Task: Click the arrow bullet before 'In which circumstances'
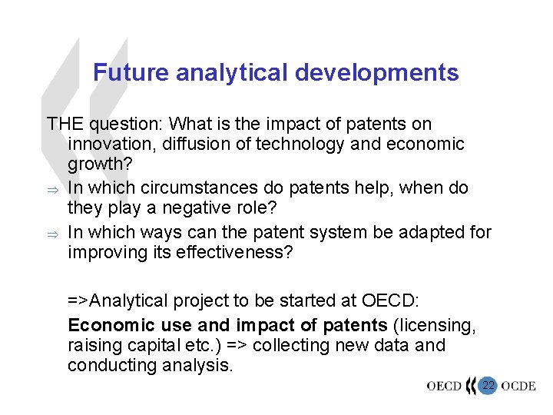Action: coord(51,188)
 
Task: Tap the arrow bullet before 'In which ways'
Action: coord(51,233)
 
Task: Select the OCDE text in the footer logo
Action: coord(519,386)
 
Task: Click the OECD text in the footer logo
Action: coord(444,386)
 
